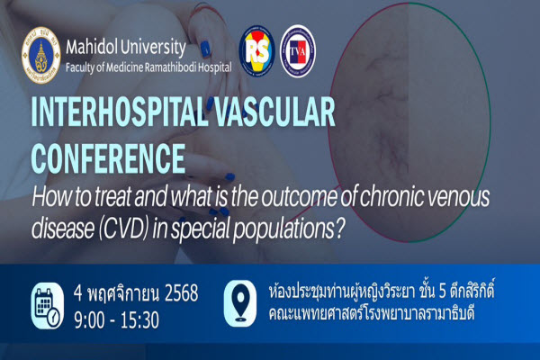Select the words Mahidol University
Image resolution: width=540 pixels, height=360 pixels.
(x=126, y=46)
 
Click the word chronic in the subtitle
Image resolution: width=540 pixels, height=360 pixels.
(x=413, y=198)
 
